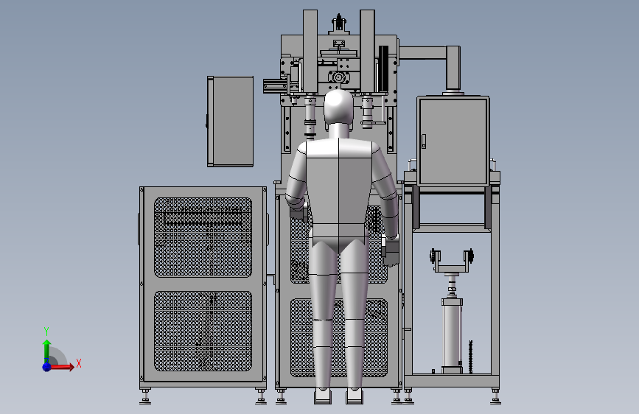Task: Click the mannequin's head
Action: (x=338, y=107)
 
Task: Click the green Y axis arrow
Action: (x=46, y=351)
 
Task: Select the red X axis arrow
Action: (x=61, y=367)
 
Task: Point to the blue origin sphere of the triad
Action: (x=47, y=367)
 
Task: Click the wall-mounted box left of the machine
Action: (x=230, y=122)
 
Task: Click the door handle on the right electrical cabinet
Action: (x=424, y=141)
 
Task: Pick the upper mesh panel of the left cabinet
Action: (x=203, y=237)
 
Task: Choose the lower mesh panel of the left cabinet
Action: (x=203, y=331)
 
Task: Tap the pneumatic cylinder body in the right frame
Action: (x=452, y=334)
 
